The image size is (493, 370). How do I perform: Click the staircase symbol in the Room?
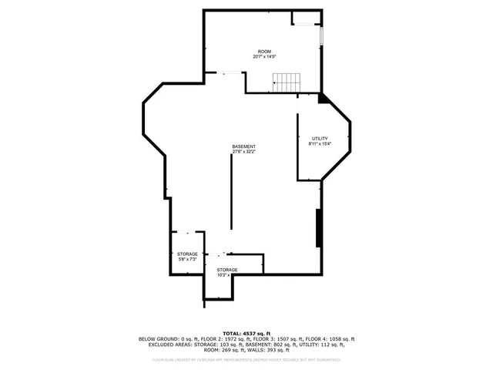click(x=285, y=81)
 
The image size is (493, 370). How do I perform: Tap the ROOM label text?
click(x=264, y=52)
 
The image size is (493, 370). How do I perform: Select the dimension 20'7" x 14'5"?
click(x=264, y=57)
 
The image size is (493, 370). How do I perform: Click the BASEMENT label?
click(x=244, y=146)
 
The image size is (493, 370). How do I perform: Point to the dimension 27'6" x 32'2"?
click(x=244, y=152)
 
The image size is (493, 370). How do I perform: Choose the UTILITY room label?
click(x=320, y=138)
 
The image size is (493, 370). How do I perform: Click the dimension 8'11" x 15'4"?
click(x=320, y=143)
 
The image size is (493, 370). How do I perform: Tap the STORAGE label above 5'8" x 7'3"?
click(x=187, y=254)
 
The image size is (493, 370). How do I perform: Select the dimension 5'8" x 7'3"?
click(x=187, y=260)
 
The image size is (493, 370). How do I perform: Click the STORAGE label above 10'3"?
click(x=226, y=270)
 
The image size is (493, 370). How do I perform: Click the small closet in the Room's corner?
click(x=306, y=18)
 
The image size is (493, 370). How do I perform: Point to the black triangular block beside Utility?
click(x=324, y=98)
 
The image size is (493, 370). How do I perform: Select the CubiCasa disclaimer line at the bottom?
click(x=246, y=359)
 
